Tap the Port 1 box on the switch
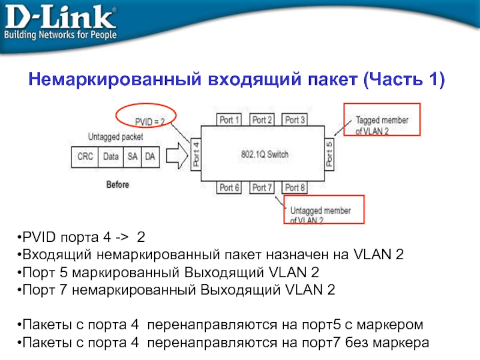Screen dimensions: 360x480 pos(230,120)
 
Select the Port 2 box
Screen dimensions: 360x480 pos(262,120)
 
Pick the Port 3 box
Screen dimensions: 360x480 pos(295,120)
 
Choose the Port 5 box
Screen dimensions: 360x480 pos(328,155)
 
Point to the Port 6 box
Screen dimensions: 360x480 pos(230,188)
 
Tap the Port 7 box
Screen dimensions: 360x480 pos(262,188)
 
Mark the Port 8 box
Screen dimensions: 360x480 pos(295,188)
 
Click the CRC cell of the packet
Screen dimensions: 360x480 pos(85,157)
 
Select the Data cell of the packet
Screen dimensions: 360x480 pos(111,157)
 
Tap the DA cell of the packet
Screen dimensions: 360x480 pos(149,157)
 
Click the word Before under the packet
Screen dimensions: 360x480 pos(118,185)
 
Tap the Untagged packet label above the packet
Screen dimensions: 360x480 pos(115,137)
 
